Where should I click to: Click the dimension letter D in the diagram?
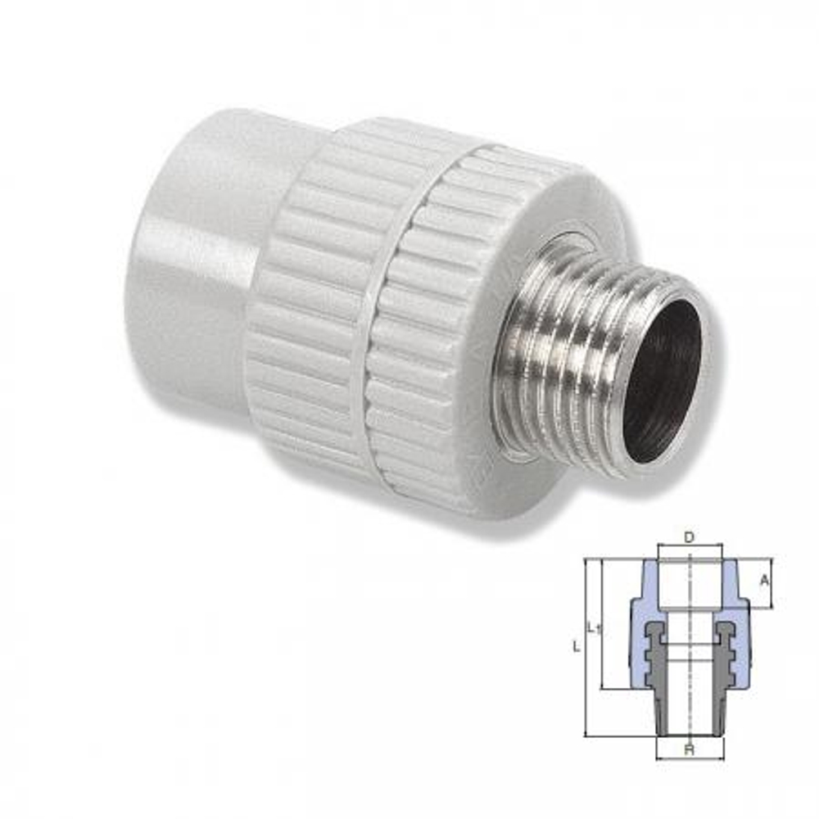[x=689, y=537]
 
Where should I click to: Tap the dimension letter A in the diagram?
[x=764, y=580]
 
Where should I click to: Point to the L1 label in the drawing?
[x=594, y=628]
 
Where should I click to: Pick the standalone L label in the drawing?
[x=577, y=647]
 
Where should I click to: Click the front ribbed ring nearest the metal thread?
[x=434, y=328]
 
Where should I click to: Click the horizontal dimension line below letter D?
[x=690, y=545]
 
